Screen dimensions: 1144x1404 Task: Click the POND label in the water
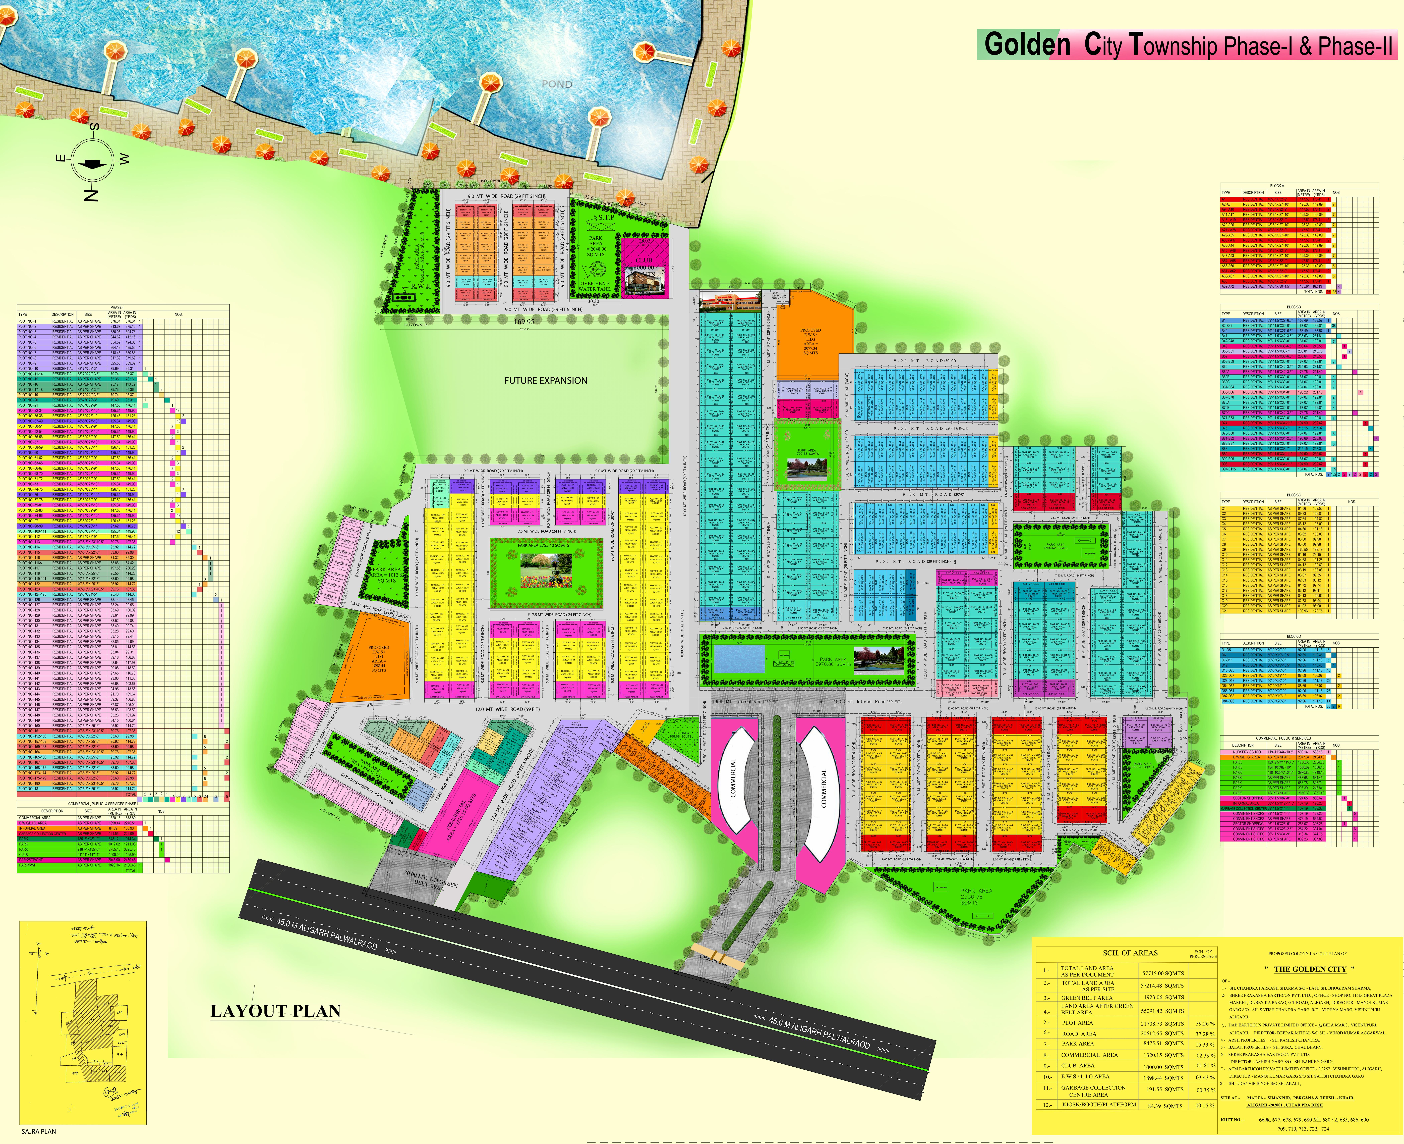557,84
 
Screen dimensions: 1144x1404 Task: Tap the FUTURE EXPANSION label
546,380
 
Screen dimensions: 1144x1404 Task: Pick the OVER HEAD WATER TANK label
594,285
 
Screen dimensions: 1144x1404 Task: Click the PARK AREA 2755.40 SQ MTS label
546,546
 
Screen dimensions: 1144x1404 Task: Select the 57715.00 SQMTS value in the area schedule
1162,973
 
